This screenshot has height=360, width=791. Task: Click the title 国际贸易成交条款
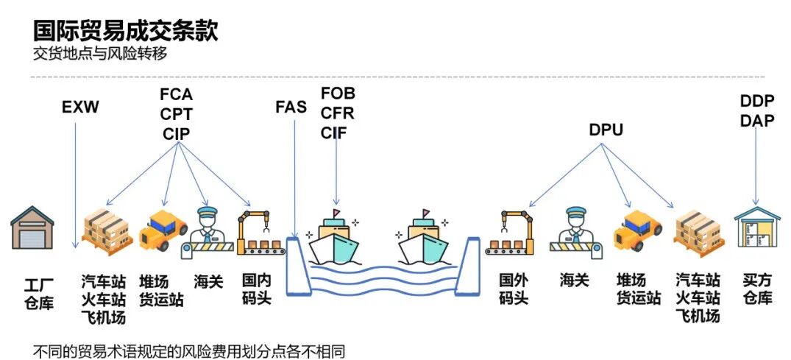[125, 31]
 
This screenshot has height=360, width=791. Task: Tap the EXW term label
[80, 109]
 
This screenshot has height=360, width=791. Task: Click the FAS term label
[291, 107]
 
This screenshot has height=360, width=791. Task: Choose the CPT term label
[176, 114]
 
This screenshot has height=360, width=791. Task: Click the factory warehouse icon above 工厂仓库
[33, 228]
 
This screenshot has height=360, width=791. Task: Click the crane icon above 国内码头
[258, 233]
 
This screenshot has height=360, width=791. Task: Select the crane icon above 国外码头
[509, 233]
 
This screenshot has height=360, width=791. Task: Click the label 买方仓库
[756, 289]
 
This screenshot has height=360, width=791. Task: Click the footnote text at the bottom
[188, 350]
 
